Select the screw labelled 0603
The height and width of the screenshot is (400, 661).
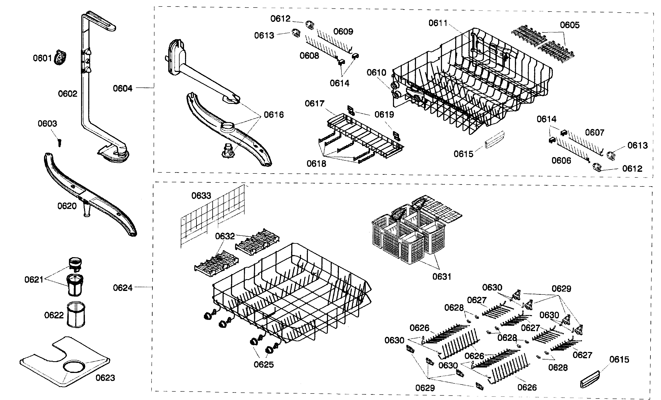pyautogui.click(x=60, y=142)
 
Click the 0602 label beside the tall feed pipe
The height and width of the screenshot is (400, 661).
pyautogui.click(x=68, y=94)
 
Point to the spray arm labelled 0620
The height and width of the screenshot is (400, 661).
pyautogui.click(x=88, y=193)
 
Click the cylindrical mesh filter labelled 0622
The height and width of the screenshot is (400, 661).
pyautogui.click(x=76, y=314)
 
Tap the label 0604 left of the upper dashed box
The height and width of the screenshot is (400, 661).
pyautogui.click(x=123, y=88)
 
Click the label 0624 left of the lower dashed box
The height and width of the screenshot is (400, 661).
pyautogui.click(x=123, y=288)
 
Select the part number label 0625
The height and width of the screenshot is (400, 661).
pyautogui.click(x=264, y=365)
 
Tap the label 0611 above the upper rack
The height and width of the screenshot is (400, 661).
pyautogui.click(x=438, y=23)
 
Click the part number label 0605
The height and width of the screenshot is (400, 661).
pyautogui.click(x=570, y=25)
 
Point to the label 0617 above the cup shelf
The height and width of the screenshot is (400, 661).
pyautogui.click(x=314, y=103)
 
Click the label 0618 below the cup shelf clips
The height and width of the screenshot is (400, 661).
pyautogui.click(x=316, y=163)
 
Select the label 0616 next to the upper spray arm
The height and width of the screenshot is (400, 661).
pyautogui.click(x=274, y=115)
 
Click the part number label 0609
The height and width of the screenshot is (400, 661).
pyautogui.click(x=343, y=31)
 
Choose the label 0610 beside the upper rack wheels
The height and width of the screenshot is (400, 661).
pyautogui.click(x=376, y=73)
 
